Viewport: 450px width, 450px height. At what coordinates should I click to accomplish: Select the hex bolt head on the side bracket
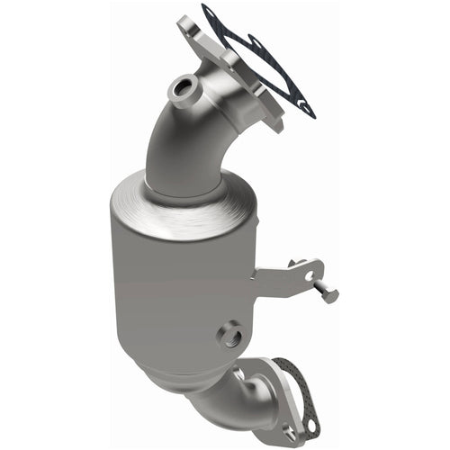(329, 294)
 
